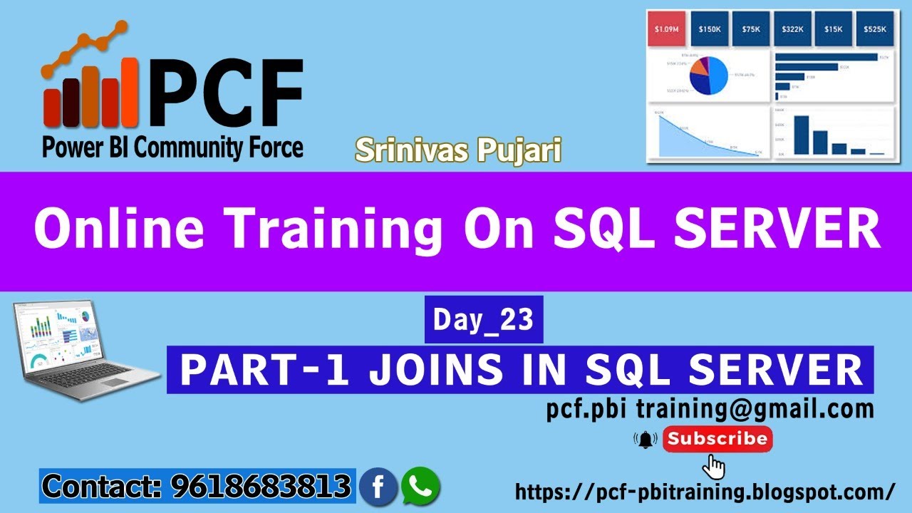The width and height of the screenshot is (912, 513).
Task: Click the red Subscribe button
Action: (717, 439)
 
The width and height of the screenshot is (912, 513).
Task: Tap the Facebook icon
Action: (378, 487)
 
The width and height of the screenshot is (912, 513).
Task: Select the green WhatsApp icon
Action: (420, 487)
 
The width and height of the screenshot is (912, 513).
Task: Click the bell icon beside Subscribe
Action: (646, 440)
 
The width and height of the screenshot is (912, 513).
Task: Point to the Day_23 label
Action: (484, 320)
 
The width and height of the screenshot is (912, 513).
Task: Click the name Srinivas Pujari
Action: (458, 150)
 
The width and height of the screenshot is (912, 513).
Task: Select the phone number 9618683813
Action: (261, 487)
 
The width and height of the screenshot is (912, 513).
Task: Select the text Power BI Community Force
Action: (172, 148)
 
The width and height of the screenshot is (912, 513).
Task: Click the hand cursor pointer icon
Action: (714, 467)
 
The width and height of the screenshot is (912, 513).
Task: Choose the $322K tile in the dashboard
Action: (792, 29)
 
